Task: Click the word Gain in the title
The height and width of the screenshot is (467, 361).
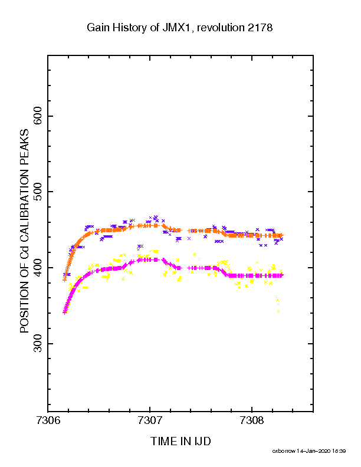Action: pyautogui.click(x=96, y=27)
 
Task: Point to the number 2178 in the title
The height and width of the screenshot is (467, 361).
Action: pyautogui.click(x=260, y=27)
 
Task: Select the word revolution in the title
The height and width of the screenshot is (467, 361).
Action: pyautogui.click(x=221, y=27)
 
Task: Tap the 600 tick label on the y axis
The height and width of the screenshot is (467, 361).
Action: pyautogui.click(x=38, y=116)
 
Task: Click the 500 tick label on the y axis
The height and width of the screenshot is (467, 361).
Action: pyautogui.click(x=38, y=192)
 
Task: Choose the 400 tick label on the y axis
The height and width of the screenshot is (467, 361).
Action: pyautogui.click(x=38, y=268)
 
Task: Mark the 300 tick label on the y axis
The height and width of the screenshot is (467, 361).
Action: pyautogui.click(x=38, y=344)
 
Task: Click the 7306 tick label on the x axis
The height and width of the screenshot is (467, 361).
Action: pyautogui.click(x=48, y=420)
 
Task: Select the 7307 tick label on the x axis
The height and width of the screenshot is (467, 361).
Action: pyautogui.click(x=150, y=420)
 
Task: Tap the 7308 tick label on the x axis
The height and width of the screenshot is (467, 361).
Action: pyautogui.click(x=252, y=420)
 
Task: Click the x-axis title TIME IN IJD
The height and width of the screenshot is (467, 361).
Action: pyautogui.click(x=180, y=441)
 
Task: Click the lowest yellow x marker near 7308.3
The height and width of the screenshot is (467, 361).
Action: pyautogui.click(x=278, y=311)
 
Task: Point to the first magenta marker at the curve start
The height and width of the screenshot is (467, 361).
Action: pyautogui.click(x=64, y=313)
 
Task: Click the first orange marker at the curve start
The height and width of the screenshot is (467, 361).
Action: pyautogui.click(x=64, y=280)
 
